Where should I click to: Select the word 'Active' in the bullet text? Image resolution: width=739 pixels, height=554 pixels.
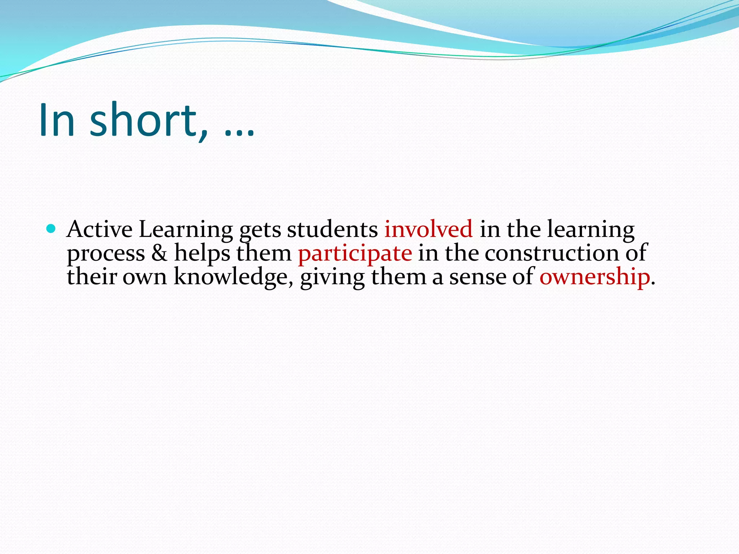point(100,229)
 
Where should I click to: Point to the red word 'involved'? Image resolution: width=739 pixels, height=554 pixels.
point(428,229)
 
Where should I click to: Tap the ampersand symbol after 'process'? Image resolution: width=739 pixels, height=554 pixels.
point(159,253)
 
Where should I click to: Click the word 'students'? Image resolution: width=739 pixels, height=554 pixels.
point(332,229)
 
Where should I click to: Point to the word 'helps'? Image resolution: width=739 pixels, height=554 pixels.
point(202,253)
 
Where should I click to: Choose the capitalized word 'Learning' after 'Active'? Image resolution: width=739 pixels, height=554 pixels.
point(186,230)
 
